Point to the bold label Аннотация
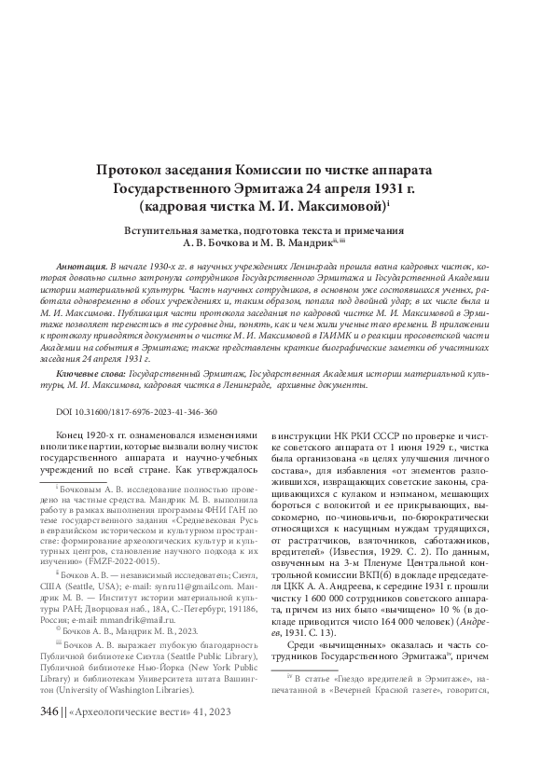pyautogui.click(x=81, y=267)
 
